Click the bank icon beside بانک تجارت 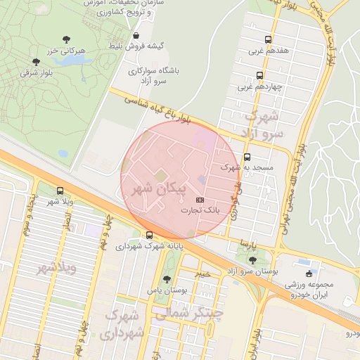click(200, 200)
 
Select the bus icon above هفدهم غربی click(267, 40)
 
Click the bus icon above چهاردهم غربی click(260, 76)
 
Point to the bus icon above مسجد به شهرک click(247, 157)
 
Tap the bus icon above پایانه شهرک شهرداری click(149, 236)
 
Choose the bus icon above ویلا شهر click(60, 191)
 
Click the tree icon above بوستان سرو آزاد click(252, 260)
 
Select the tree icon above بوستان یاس click(167, 279)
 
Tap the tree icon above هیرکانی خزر click(66, 40)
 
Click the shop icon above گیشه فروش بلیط click(136, 35)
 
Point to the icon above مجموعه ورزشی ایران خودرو click(308, 274)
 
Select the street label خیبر click(202, 273)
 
